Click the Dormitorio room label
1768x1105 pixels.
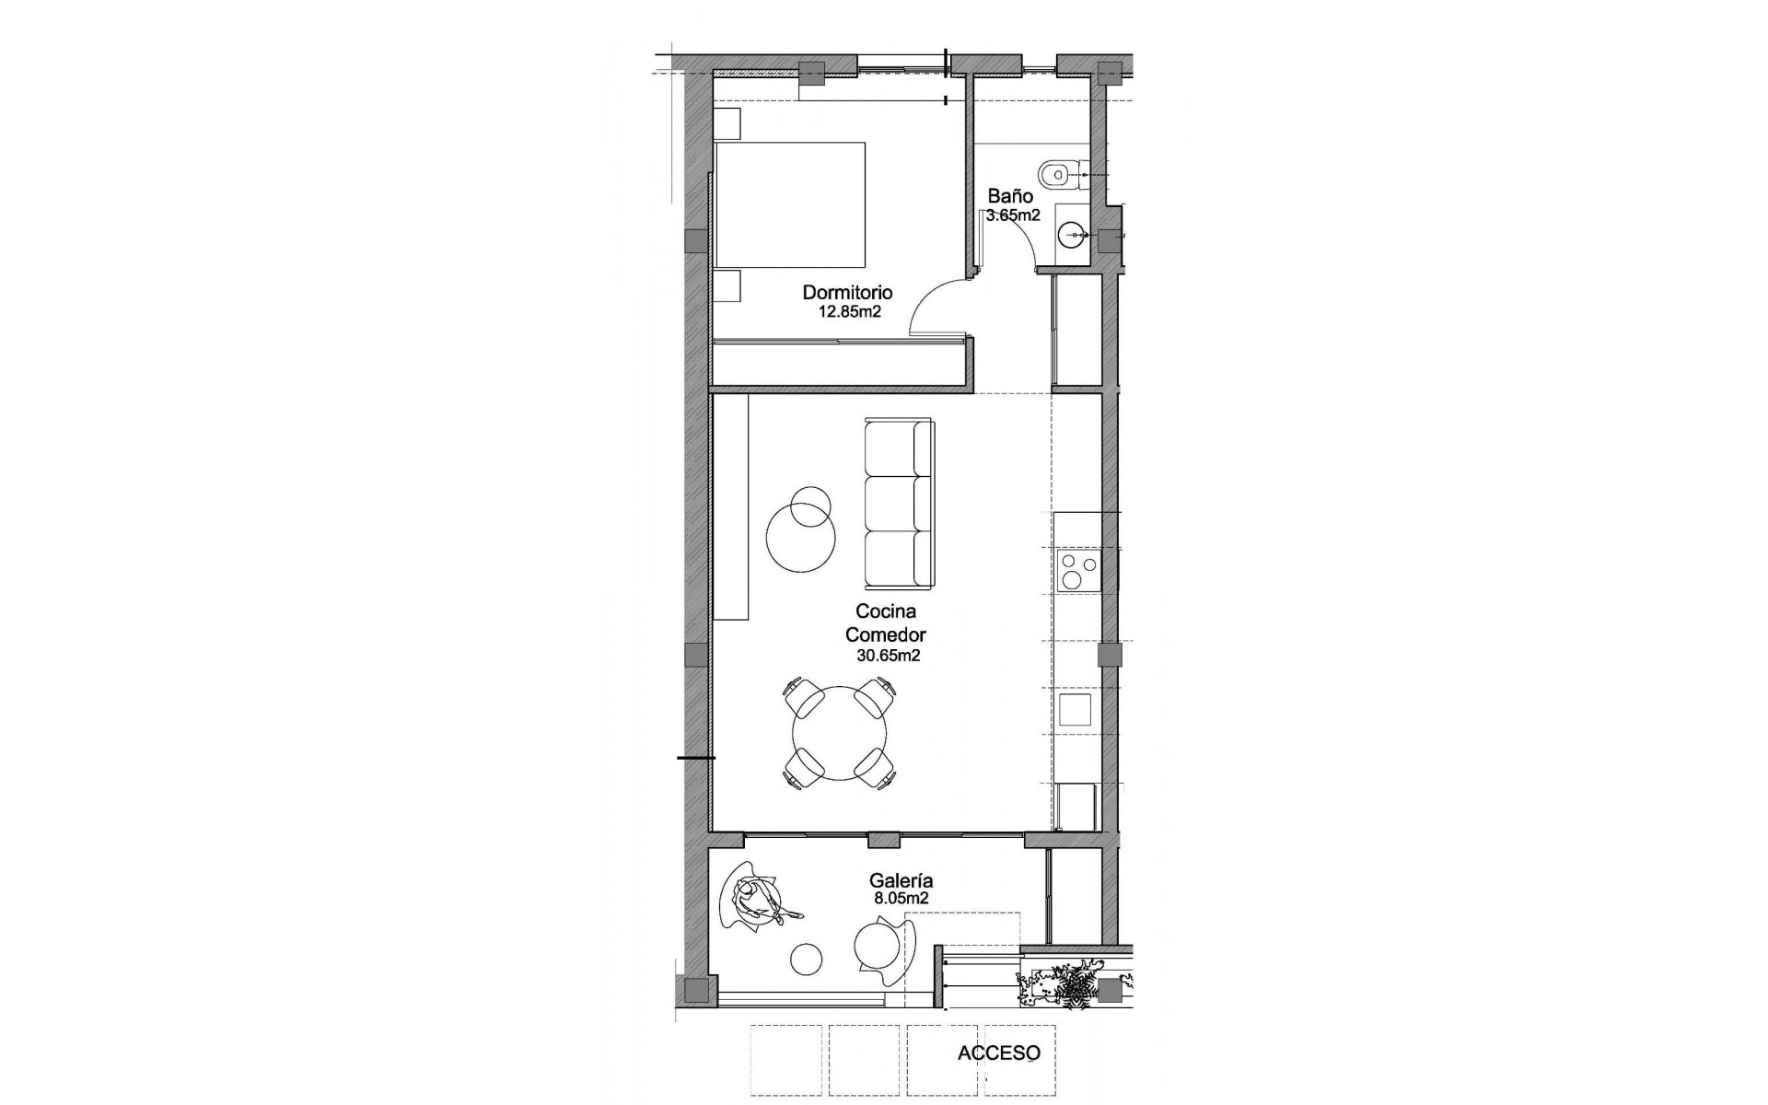coord(847,292)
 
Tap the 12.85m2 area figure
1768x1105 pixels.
coord(850,311)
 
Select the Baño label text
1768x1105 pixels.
coord(1010,196)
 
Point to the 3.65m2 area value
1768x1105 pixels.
coord(1013,215)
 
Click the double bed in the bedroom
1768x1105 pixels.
coord(790,204)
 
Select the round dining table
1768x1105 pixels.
coord(840,733)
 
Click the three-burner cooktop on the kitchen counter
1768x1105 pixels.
coord(1077,570)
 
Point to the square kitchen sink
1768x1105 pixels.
coord(1075,710)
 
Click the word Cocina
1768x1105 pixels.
coord(885,611)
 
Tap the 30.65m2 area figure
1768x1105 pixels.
coord(889,656)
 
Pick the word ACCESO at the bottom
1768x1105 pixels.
coord(999,1053)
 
